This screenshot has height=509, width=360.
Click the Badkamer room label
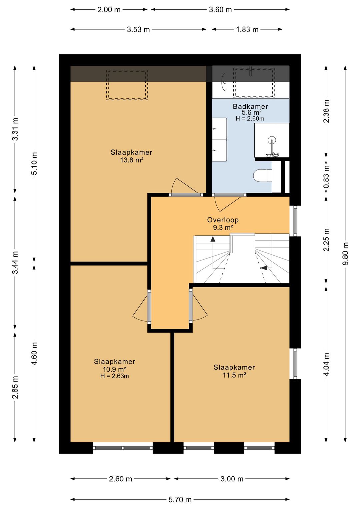[250, 106]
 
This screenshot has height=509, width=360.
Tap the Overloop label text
[223, 220]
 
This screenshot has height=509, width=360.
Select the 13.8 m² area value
[132, 160]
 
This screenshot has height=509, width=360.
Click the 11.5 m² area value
[234, 375]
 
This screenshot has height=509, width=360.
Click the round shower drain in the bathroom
[272, 139]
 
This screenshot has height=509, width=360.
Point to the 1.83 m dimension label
[247, 30]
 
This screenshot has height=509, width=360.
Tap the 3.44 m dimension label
[15, 263]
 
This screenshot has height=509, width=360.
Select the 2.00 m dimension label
[109, 10]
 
